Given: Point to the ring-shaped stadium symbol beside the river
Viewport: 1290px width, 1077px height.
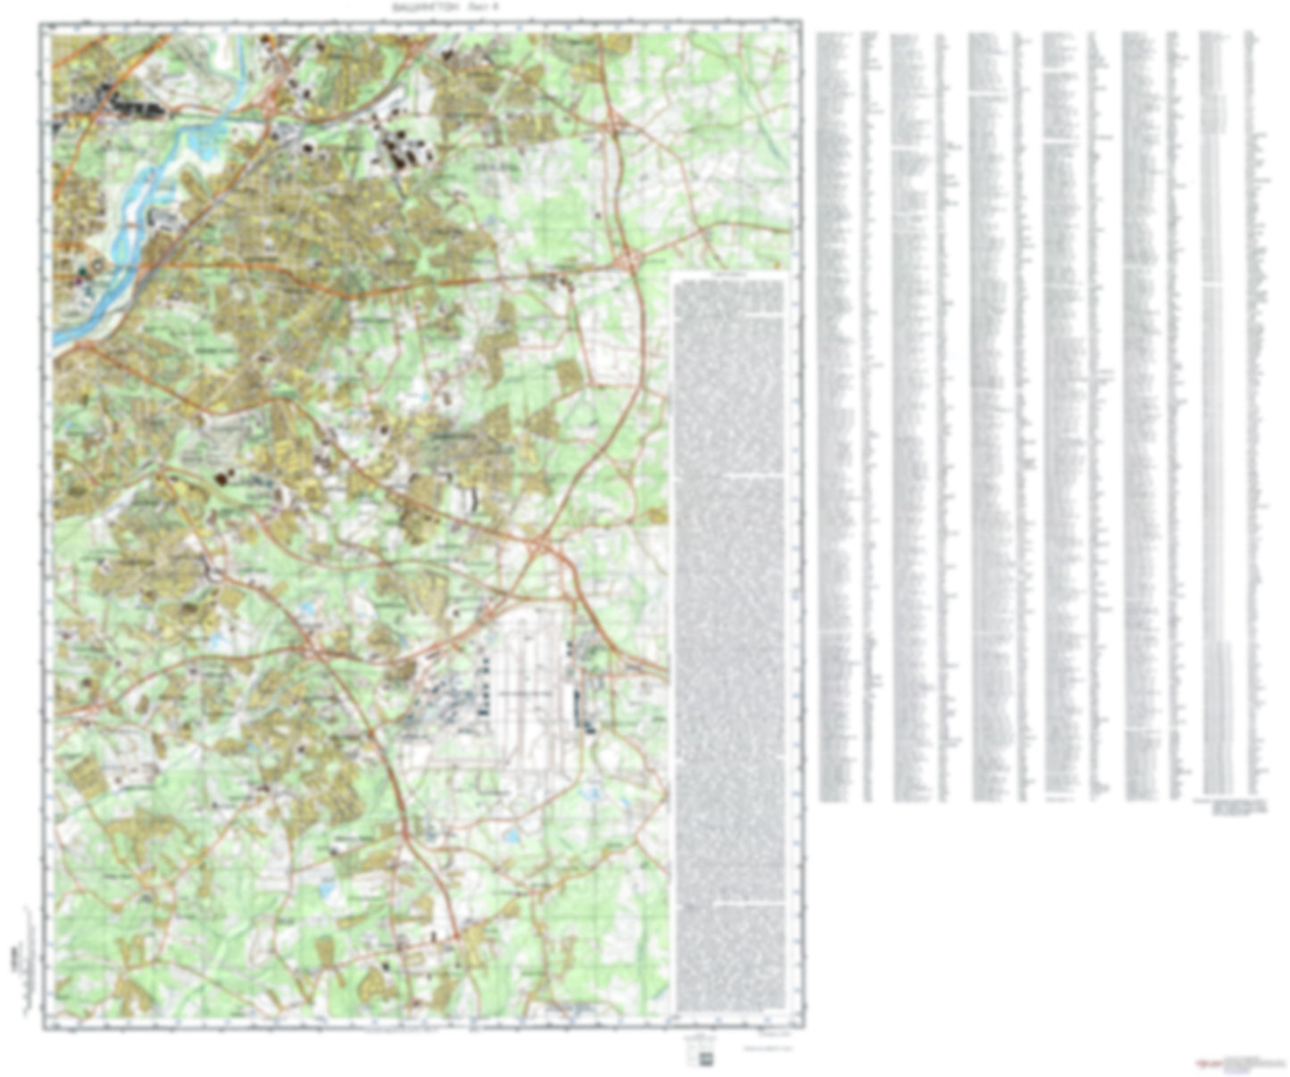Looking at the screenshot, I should tap(97, 265).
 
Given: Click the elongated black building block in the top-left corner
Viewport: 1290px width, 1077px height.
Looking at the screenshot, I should tap(134, 106).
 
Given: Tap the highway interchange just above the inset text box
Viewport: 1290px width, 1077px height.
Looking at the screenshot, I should tap(630, 260).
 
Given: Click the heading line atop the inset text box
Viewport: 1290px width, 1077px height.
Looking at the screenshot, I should tap(729, 279).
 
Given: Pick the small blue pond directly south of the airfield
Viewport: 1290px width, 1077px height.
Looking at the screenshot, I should tap(512, 837).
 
